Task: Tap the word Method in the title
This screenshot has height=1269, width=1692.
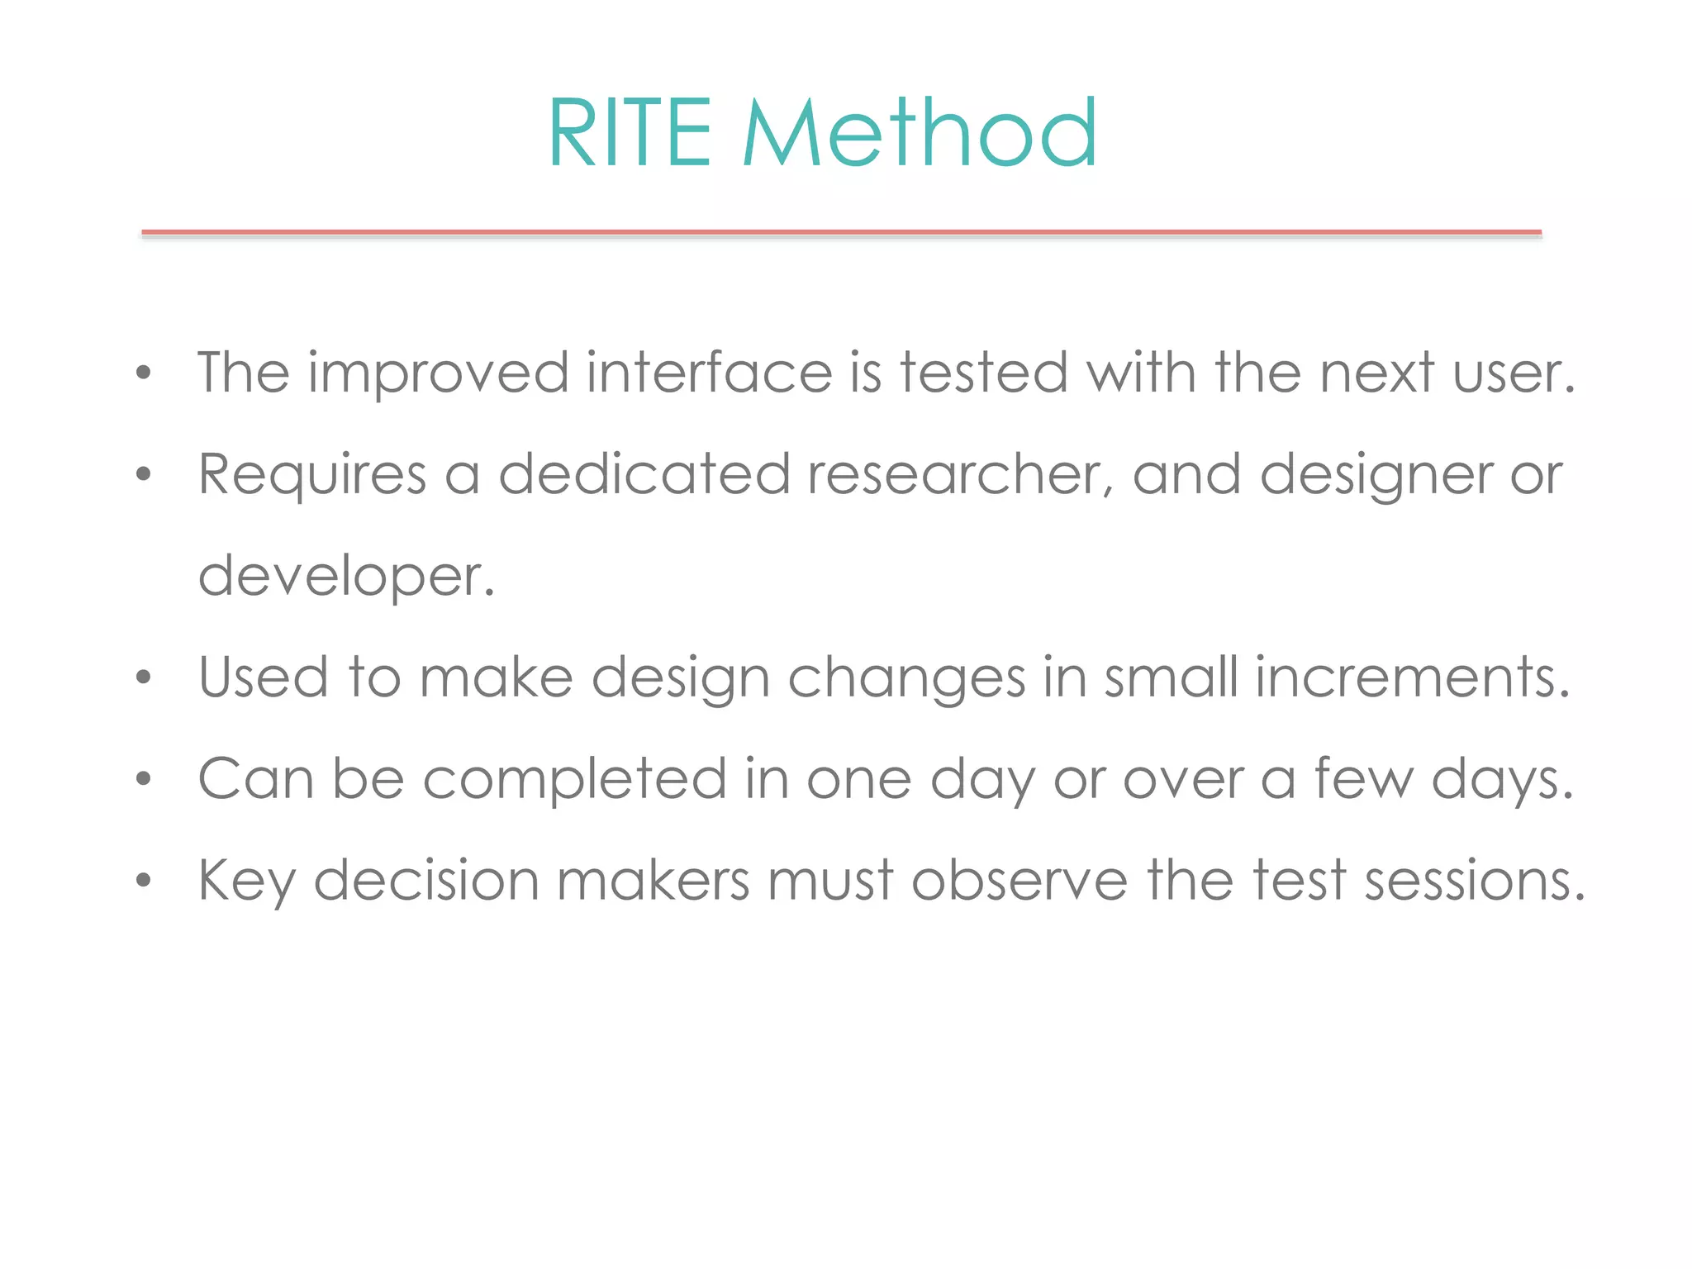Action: (x=920, y=133)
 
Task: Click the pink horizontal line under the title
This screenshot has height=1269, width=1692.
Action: (x=841, y=233)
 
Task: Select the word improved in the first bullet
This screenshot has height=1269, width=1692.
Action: (x=438, y=374)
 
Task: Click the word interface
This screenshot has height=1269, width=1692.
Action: (x=709, y=373)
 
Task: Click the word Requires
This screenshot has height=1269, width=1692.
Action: (x=312, y=476)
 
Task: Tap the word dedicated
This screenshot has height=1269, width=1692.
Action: (x=644, y=475)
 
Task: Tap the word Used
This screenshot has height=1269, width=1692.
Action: (x=264, y=677)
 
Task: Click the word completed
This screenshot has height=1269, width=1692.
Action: (x=574, y=780)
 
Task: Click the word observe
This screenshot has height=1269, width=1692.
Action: (x=1019, y=880)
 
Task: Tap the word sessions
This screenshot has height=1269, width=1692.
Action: (x=1473, y=880)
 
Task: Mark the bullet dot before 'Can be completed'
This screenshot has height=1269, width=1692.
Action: (x=144, y=779)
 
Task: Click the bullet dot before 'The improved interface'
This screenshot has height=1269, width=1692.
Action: (x=144, y=373)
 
